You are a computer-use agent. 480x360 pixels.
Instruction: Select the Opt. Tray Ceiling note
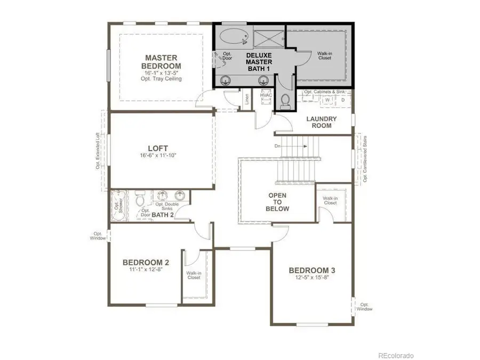pyautogui.click(x=162, y=79)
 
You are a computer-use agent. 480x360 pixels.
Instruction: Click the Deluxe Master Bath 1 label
pyautogui.click(x=259, y=62)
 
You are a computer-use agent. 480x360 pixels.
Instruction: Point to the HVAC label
pyautogui.click(x=266, y=95)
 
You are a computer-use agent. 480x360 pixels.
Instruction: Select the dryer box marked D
pyautogui.click(x=342, y=100)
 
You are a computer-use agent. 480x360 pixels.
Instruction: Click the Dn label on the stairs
pyautogui.click(x=278, y=145)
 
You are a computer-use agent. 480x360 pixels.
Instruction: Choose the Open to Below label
pyautogui.click(x=278, y=202)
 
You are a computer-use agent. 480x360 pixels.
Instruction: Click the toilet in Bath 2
pyautogui.click(x=140, y=199)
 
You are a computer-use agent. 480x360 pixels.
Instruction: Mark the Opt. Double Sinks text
pyautogui.click(x=166, y=207)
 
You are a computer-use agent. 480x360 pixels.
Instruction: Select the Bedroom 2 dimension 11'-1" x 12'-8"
pyautogui.click(x=146, y=270)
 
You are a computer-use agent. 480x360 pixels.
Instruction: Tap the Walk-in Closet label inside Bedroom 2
pyautogui.click(x=193, y=275)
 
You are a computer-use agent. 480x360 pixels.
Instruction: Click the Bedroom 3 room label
pyautogui.click(x=312, y=269)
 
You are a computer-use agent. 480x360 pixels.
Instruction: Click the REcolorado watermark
pyautogui.click(x=396, y=355)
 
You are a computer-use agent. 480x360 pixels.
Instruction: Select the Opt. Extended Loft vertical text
pyautogui.click(x=98, y=151)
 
